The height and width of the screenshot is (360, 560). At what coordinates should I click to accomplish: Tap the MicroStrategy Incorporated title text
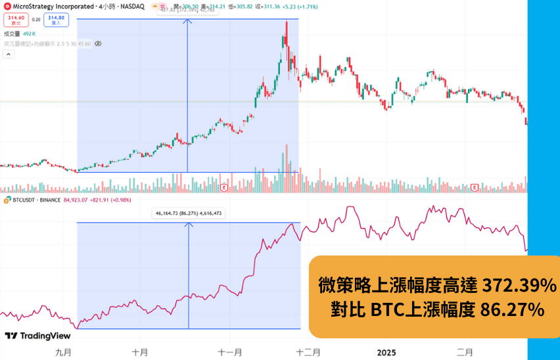point(52,7)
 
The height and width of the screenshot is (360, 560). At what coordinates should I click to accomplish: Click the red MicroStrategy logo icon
point(6,7)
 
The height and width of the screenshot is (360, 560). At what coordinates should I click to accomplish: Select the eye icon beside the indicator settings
point(97,43)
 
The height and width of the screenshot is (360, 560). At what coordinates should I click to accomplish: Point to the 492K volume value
point(30,33)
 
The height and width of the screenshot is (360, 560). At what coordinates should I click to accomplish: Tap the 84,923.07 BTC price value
point(75,200)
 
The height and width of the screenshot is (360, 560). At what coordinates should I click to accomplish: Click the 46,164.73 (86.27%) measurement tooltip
point(189,214)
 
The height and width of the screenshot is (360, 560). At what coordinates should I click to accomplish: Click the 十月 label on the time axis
point(140,352)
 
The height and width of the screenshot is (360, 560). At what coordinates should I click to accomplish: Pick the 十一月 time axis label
point(231,352)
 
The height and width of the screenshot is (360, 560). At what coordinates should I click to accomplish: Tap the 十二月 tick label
point(308,352)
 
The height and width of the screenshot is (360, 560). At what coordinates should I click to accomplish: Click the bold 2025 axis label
point(386,352)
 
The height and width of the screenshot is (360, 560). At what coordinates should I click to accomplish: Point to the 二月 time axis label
point(465,352)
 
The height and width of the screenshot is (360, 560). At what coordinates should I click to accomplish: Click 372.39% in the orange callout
point(519,286)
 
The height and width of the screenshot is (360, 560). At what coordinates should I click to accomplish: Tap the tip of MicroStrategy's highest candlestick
point(287,21)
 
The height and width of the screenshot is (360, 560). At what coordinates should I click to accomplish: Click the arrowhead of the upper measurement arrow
point(189,20)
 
